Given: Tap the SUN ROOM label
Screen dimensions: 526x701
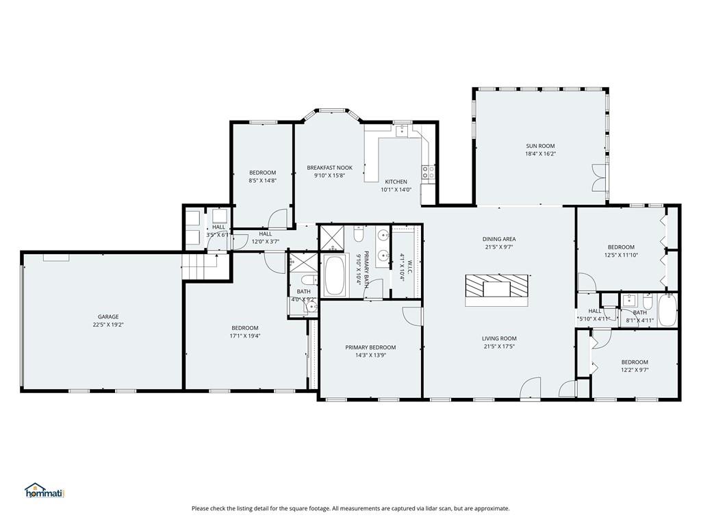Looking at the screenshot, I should point(540,146).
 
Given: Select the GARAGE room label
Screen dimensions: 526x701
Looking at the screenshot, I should point(108,317).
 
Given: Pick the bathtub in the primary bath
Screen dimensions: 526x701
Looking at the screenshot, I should point(335,277).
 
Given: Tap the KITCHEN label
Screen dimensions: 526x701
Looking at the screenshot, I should point(396,181).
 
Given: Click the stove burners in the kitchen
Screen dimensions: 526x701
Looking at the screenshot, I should point(429,173).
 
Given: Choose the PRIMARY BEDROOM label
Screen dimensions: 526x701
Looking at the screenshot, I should point(370,347).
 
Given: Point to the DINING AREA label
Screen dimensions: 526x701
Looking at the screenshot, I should point(499,239).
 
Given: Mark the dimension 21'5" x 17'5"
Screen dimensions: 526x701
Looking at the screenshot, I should point(499,347).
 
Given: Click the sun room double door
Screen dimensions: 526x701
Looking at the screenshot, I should point(599,177).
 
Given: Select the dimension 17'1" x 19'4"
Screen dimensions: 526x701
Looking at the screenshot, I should point(244,336).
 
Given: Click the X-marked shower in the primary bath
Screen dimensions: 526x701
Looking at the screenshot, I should point(333,238).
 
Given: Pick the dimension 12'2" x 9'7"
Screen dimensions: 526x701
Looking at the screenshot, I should point(635,370).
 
